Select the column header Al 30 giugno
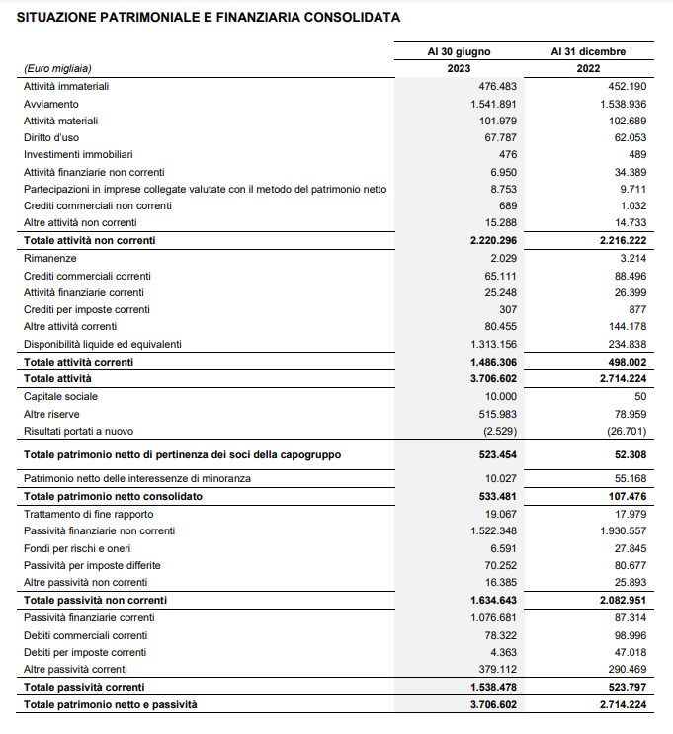(459, 51)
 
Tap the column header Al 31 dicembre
(588, 51)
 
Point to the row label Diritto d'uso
(51, 137)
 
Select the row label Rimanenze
(49, 258)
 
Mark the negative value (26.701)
(625, 431)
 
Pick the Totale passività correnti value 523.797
(623, 687)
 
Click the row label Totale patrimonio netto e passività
(111, 704)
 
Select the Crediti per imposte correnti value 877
(636, 309)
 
